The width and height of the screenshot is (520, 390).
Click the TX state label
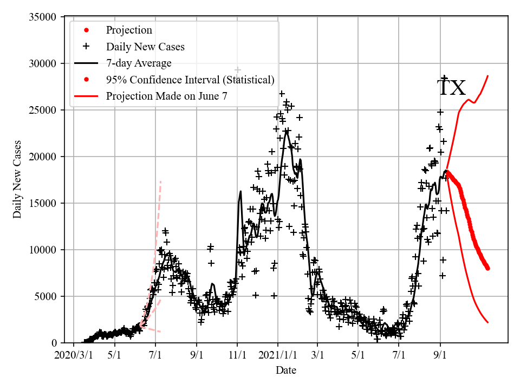pos(451,88)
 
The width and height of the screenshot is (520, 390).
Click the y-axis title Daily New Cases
pos(17,179)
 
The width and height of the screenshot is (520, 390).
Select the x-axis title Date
pos(285,370)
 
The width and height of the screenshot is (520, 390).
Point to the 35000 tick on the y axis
pos(42,17)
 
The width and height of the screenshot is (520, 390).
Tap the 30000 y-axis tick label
pos(42,64)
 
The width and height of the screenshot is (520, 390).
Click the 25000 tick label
pos(42,110)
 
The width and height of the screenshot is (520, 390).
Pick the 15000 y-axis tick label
pos(42,204)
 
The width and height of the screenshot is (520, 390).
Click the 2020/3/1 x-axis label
pos(74,355)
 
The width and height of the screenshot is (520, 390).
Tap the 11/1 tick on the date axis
pos(237,355)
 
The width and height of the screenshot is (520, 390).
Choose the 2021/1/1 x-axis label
pos(278,355)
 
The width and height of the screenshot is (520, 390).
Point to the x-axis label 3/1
pos(318,355)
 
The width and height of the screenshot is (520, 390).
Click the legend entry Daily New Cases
pos(145,47)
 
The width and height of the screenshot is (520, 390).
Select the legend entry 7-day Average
pos(139,63)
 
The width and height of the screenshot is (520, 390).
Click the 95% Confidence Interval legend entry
pos(190,80)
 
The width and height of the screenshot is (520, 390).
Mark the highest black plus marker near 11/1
pos(237,70)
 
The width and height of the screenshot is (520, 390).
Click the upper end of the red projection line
pos(488,76)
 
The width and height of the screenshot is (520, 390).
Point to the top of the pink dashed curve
pos(160,181)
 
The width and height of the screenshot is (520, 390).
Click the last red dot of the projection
pos(488,268)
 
